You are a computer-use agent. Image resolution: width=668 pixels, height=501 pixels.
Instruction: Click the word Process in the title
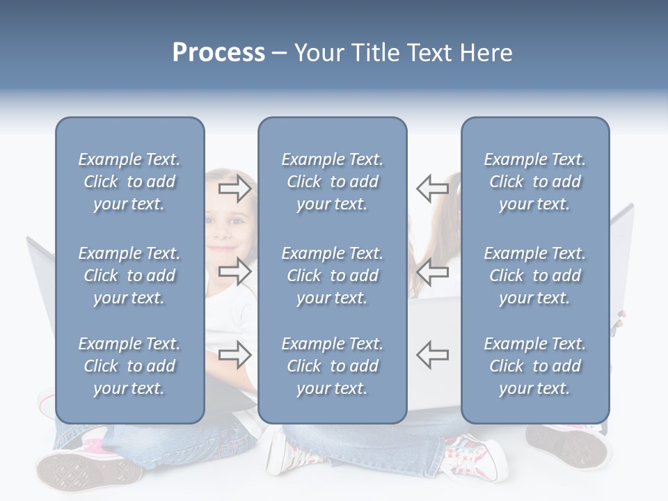tap(218, 53)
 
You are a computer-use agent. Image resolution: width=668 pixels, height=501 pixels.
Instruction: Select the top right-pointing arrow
tap(234, 187)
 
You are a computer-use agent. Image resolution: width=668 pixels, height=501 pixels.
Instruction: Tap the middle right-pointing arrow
tap(234, 271)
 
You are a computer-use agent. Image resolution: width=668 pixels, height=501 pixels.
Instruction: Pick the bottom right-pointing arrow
tap(234, 354)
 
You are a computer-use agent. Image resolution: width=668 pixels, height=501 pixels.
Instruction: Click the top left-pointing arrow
tap(432, 187)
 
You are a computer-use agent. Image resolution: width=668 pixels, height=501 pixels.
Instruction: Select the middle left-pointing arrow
tap(432, 271)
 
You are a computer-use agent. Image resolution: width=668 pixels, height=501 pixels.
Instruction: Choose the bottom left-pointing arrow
tap(432, 354)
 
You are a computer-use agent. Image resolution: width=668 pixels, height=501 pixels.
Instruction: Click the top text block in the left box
tap(129, 182)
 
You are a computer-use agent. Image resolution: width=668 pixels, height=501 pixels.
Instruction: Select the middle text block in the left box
tap(129, 276)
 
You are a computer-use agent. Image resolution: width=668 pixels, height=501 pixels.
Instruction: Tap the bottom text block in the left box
tap(129, 366)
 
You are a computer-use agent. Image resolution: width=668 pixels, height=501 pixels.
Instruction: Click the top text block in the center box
tap(332, 182)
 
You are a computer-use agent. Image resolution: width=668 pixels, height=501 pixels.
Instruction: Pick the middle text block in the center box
tap(332, 276)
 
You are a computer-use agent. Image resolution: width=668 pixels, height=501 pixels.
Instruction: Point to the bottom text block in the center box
tap(332, 366)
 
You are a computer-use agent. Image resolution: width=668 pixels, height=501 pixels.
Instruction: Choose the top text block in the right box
tap(534, 182)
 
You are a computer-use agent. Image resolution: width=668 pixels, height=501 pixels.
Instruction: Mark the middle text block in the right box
tap(534, 276)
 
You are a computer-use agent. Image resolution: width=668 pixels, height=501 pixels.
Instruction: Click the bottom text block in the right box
tap(534, 366)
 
